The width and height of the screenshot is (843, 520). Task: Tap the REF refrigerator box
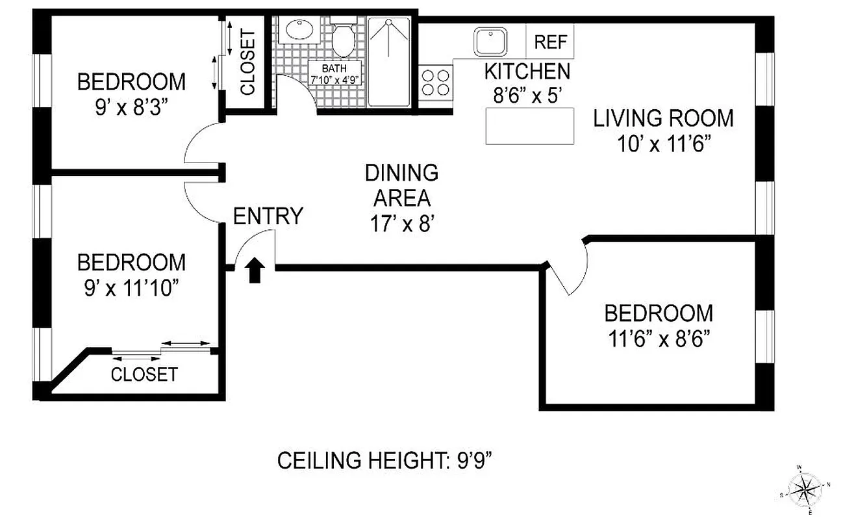coord(550,42)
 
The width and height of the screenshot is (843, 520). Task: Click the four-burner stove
coord(435,82)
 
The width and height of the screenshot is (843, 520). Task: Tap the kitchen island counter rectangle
coord(530,126)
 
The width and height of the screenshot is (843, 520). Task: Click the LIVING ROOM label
coord(663,118)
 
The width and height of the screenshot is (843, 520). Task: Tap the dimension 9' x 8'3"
coord(131,105)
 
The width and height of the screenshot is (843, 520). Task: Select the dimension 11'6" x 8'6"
coord(658,338)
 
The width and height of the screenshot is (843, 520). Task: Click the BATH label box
coord(335,71)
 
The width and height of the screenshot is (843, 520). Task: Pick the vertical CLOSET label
coord(247,62)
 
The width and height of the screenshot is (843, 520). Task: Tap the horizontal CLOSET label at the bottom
coord(144,374)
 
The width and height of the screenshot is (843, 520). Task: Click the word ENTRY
coord(268,216)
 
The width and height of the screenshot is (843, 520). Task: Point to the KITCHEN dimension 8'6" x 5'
coord(527,94)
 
